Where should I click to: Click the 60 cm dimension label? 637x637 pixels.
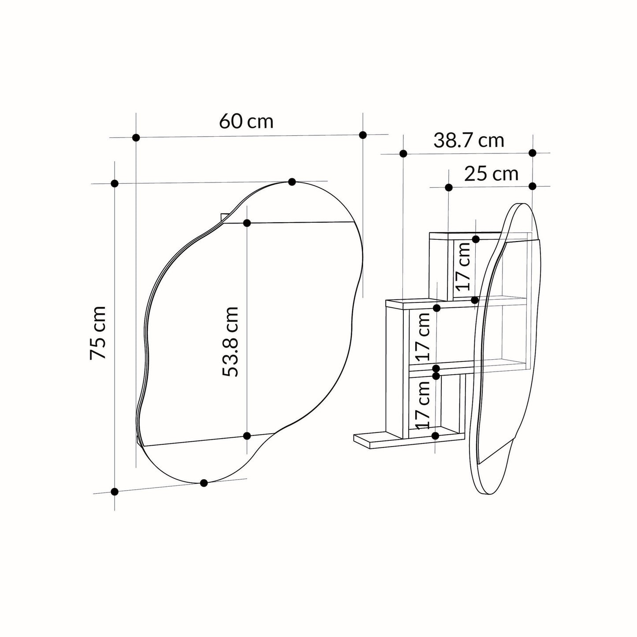[246, 121]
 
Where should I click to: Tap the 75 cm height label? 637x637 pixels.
[98, 332]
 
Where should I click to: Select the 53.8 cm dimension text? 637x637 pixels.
[230, 342]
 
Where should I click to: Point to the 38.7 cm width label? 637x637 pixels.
[469, 140]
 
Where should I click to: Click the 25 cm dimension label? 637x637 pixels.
[491, 174]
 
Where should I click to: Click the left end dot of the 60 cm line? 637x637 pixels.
[136, 138]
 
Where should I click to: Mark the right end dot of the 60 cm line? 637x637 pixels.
[363, 135]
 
